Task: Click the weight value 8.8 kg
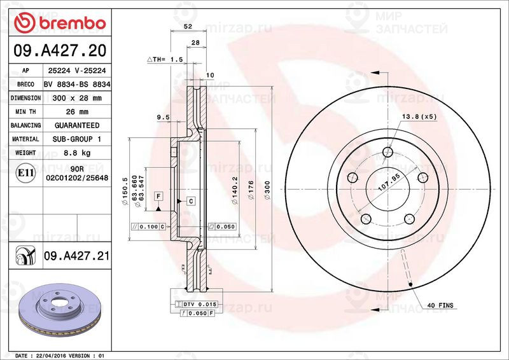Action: pos(76,153)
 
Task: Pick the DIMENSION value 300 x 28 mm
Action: pos(76,98)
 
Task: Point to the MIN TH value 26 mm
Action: pos(76,112)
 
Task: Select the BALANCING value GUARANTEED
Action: pos(76,125)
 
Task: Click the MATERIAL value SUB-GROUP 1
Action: pos(76,139)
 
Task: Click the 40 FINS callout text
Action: pos(440,306)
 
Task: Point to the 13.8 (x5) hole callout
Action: pos(419,116)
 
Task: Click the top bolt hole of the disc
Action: pos(388,152)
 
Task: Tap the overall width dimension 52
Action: pos(188,27)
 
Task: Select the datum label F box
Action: pos(158,195)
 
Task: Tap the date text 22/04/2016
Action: pos(51,355)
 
